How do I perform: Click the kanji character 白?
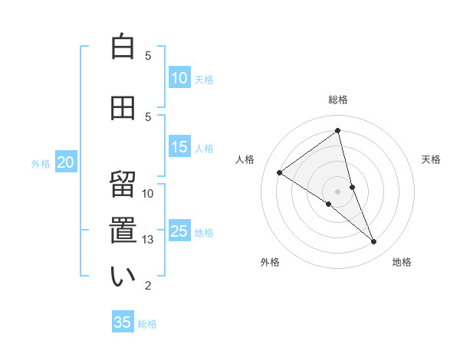tap(123, 47)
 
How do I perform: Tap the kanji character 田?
tap(123, 108)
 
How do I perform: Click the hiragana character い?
tap(123, 277)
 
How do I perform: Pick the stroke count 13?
tap(148, 240)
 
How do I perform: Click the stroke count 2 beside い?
tap(148, 286)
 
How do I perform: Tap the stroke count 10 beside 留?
tap(148, 194)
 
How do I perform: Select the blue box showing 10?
tap(179, 78)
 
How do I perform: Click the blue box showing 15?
tap(179, 147)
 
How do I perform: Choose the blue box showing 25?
tap(179, 231)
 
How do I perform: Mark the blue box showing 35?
tap(123, 322)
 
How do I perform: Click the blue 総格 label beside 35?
tap(147, 324)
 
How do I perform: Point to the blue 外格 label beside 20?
tap(41, 163)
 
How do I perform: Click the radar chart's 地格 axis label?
tap(402, 262)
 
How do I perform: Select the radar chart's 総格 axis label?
tap(337, 100)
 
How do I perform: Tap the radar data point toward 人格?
tap(280, 172)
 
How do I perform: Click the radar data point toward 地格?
tap(374, 242)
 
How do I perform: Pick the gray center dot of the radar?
tap(337, 191)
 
